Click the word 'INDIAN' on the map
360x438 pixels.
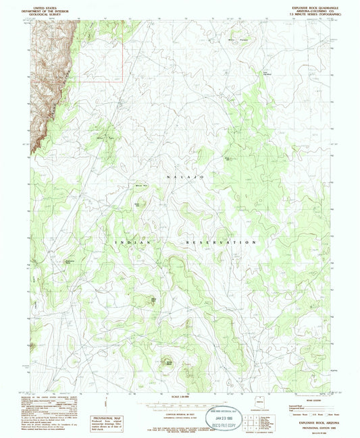(x=126, y=241)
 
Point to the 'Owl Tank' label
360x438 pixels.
(x=103, y=138)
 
